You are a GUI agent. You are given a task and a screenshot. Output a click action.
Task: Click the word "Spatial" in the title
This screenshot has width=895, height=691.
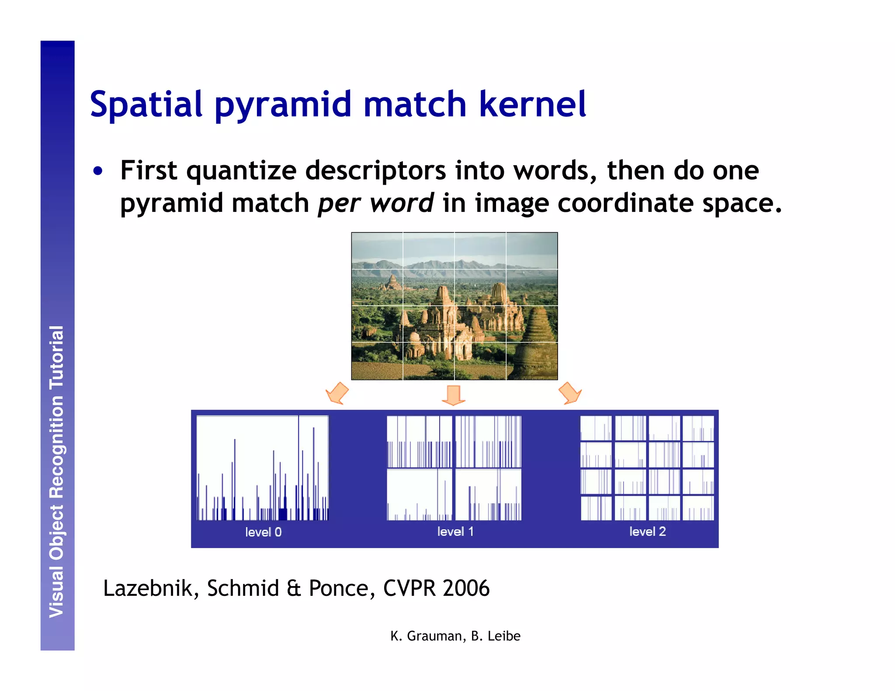(x=146, y=104)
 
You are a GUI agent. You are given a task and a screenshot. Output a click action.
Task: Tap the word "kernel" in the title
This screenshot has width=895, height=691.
(x=532, y=104)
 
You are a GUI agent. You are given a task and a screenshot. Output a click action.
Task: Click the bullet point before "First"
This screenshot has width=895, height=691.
(x=98, y=171)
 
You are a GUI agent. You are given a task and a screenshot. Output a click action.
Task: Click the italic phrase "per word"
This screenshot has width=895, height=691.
(x=375, y=204)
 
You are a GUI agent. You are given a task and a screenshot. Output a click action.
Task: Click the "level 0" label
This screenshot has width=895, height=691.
(x=263, y=532)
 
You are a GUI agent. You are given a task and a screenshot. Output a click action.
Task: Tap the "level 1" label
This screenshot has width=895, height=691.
(x=455, y=532)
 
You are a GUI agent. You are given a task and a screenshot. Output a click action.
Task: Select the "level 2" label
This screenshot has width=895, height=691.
(x=647, y=532)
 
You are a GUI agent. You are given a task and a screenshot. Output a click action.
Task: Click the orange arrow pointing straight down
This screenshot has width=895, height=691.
(x=454, y=395)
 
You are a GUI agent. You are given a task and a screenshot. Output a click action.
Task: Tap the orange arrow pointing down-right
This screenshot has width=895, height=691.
(x=570, y=393)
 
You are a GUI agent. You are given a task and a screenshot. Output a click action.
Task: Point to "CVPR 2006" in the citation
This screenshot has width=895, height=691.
(x=436, y=588)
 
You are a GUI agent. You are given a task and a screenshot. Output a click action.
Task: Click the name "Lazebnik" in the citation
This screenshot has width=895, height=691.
(x=147, y=588)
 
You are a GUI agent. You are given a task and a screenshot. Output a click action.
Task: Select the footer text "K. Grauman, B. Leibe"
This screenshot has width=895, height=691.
(x=455, y=636)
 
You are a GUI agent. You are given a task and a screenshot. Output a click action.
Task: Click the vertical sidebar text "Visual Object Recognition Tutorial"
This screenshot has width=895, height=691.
(x=57, y=472)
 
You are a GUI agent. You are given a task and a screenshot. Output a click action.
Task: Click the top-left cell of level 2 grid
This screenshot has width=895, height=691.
(x=596, y=428)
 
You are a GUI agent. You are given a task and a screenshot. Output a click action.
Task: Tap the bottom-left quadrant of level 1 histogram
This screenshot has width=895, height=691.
(x=419, y=494)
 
